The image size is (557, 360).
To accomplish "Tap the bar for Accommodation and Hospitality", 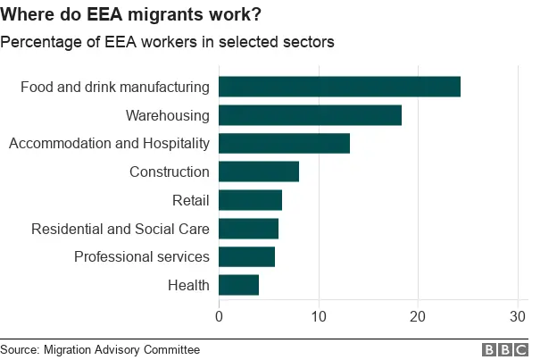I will pos(284,143).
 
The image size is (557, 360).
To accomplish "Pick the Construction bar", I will pos(259,172).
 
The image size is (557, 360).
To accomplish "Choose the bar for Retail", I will pos(250,200).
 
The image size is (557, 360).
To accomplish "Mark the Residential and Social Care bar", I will pos(248,229).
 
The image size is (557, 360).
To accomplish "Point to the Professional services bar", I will pos(246,256).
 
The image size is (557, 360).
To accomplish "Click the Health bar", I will pos(238,285).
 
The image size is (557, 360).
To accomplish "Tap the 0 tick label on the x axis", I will pos(219,316).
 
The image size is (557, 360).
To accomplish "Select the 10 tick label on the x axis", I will pos(318,316).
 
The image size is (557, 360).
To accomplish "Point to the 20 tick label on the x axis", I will pos(417,316).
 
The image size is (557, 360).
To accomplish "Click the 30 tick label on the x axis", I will pos(516,316).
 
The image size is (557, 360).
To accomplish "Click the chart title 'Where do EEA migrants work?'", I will pos(137,15).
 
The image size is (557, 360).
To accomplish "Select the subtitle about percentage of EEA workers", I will pos(167,42).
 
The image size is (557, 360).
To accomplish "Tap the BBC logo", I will pos(505,349).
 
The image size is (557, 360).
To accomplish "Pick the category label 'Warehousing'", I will pos(167,115).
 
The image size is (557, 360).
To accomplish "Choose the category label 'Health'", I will pos(188,285).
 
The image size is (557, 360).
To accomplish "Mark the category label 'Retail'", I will pos(191,200).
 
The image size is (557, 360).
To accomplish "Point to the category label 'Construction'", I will pos(170,172).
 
